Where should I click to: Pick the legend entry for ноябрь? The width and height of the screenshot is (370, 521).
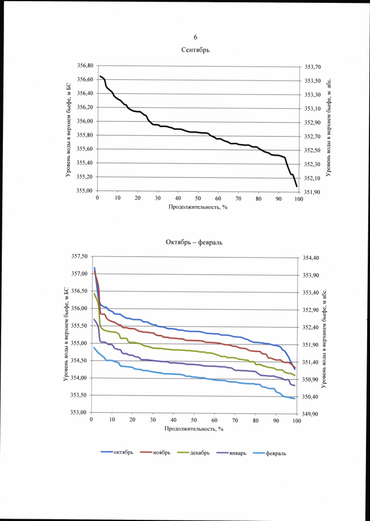pos(161,452)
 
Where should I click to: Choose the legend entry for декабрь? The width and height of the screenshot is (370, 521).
pos(199,452)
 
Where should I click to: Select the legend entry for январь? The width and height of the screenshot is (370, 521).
pos(236,452)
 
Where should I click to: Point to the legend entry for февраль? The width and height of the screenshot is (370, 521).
pos(276,453)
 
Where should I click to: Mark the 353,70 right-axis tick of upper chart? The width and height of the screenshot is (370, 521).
pos(313,67)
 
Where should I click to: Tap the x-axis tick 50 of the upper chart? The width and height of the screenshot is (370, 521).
pos(198,198)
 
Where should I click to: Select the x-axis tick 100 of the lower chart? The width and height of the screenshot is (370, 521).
pos(296,421)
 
